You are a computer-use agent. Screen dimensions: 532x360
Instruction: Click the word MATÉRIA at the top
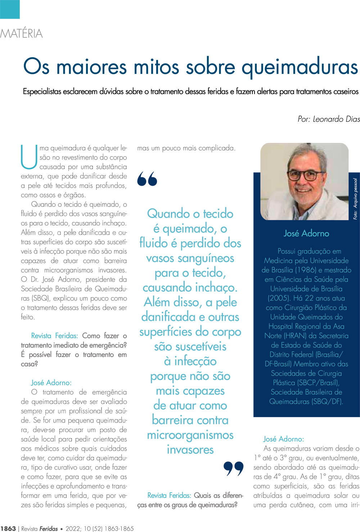[22, 33]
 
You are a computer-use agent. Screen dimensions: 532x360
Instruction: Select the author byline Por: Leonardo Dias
[328, 119]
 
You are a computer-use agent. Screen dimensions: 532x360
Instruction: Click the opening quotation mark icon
[147, 179]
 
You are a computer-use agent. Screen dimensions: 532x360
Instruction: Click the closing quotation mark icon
[233, 468]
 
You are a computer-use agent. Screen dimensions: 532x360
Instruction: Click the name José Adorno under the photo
[306, 233]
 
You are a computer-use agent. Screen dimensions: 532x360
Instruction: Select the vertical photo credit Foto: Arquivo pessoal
[355, 199]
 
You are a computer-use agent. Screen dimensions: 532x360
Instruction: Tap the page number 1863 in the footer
[8, 528]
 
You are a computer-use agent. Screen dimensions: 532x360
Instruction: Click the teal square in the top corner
[10, 9]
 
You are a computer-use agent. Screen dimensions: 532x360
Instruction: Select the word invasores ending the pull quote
[190, 450]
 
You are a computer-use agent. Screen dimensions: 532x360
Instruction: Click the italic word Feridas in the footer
[48, 528]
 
